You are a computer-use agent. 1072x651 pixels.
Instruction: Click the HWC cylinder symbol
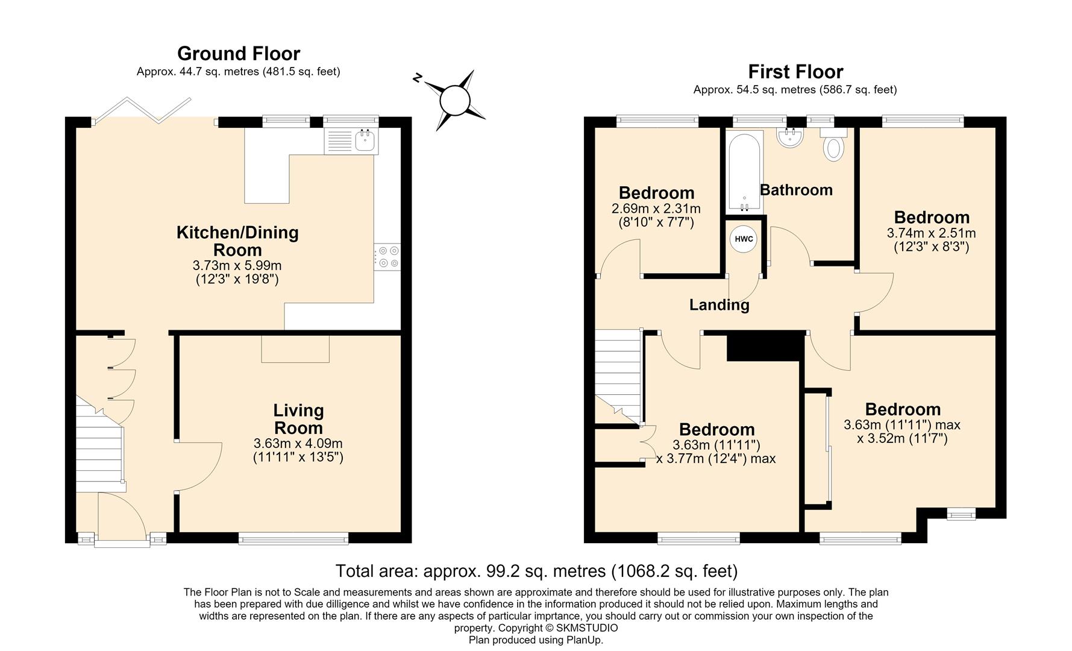pyautogui.click(x=744, y=239)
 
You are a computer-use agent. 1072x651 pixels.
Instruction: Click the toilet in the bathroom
pyautogui.click(x=834, y=144)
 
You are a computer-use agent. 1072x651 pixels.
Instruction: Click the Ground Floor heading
pyautogui.click(x=239, y=54)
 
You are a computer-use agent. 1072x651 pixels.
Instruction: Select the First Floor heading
pyautogui.click(x=795, y=72)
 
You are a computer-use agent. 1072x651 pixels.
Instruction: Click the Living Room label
pyautogui.click(x=298, y=419)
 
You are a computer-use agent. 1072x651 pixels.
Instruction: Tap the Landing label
pyautogui.click(x=719, y=305)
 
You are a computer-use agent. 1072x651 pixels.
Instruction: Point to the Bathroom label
pyautogui.click(x=796, y=190)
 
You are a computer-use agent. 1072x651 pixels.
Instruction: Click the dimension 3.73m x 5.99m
pyautogui.click(x=237, y=265)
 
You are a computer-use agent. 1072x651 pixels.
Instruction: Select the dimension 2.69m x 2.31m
pyautogui.click(x=656, y=209)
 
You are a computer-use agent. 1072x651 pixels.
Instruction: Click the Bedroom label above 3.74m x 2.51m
pyautogui.click(x=932, y=217)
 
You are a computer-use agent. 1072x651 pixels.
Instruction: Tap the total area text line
pyautogui.click(x=536, y=570)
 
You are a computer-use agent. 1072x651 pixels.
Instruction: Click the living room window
pyautogui.click(x=293, y=538)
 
